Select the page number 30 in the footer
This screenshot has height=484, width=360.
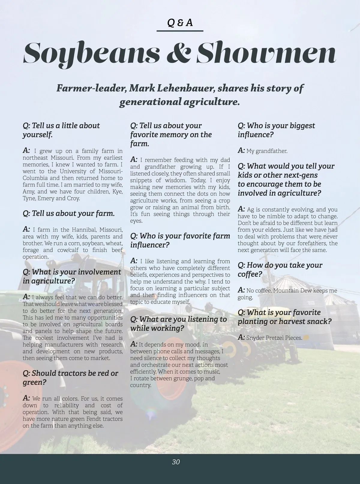pyautogui.click(x=176, y=462)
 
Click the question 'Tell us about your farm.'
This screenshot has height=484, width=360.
pyautogui.click(x=69, y=214)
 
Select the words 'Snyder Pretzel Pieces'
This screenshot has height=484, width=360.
pyautogui.click(x=274, y=338)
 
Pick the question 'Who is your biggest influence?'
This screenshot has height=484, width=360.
pyautogui.click(x=276, y=130)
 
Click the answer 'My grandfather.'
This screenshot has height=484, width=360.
pyautogui.click(x=267, y=151)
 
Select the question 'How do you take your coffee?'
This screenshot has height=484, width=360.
pyautogui.click(x=280, y=269)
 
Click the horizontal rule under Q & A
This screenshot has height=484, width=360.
pyautogui.click(x=180, y=31)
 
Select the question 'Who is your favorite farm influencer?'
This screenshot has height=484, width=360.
pyautogui.click(x=180, y=240)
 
